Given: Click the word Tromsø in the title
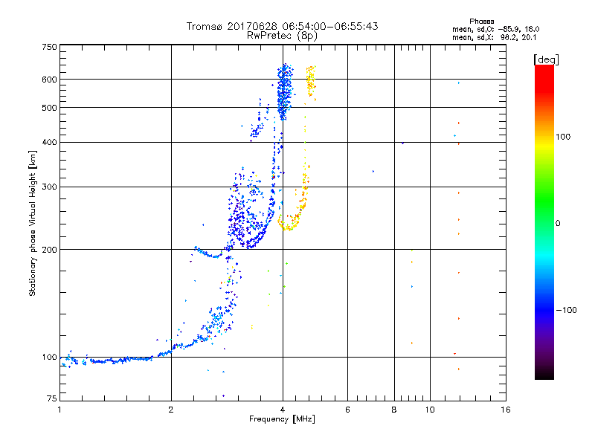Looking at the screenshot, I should (204, 26).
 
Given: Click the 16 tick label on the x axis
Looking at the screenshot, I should (505, 410).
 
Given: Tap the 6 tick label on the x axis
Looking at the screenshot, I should (347, 410).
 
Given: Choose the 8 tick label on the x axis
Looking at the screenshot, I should (394, 410).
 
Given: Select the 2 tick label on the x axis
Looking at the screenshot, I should (171, 410).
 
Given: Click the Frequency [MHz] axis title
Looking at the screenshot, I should (282, 419).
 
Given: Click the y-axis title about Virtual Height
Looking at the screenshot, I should (33, 223).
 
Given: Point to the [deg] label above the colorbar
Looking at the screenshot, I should (546, 59).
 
